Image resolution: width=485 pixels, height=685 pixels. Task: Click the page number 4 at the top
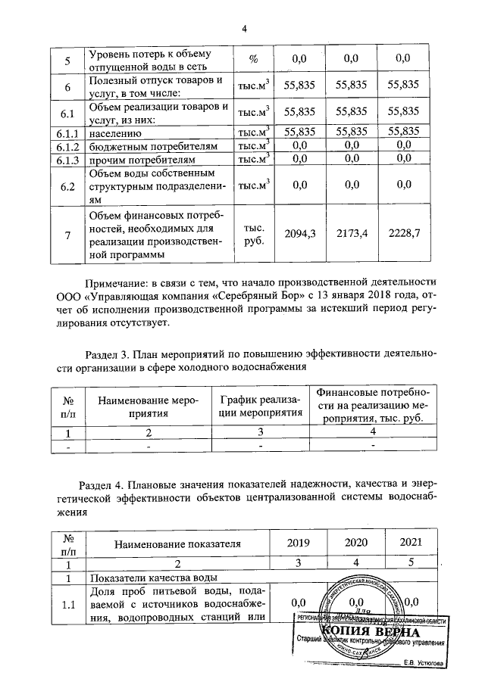pyautogui.click(x=244, y=30)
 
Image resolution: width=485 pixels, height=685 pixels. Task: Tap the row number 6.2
pyautogui.click(x=67, y=184)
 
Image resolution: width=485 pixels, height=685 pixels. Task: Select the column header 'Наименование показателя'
pyautogui.click(x=177, y=543)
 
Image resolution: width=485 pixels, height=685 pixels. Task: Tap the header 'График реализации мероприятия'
pyautogui.click(x=259, y=406)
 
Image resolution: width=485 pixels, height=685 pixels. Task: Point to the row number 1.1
pyautogui.click(x=67, y=602)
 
